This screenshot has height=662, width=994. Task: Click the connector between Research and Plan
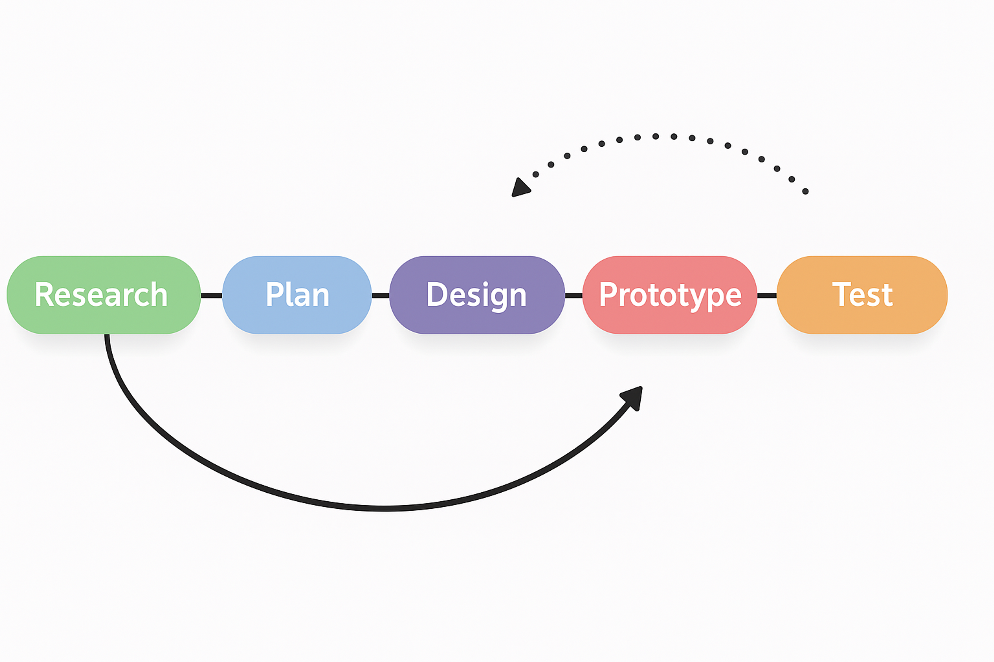pyautogui.click(x=211, y=296)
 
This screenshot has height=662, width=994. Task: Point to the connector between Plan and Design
pyautogui.click(x=380, y=296)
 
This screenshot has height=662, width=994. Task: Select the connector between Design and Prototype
pyautogui.click(x=574, y=296)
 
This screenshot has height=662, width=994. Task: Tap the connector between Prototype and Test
pyautogui.click(x=767, y=296)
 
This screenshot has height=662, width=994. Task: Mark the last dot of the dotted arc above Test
pyautogui.click(x=806, y=192)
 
